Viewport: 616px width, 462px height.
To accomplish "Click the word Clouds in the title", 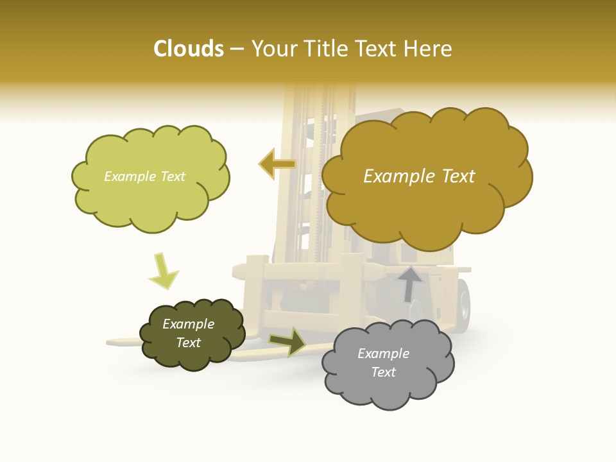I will click(x=189, y=49).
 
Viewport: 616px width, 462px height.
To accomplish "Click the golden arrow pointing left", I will click(x=277, y=164).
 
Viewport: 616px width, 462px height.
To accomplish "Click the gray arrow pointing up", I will click(x=409, y=283).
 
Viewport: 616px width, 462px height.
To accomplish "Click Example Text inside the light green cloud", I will click(x=144, y=176).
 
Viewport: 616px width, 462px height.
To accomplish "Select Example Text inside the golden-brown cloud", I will click(x=419, y=176).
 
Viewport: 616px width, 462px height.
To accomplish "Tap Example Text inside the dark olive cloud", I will click(x=189, y=333).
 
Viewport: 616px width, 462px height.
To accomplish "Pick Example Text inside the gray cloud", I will click(x=383, y=363).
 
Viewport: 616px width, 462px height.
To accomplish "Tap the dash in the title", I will click(x=237, y=49).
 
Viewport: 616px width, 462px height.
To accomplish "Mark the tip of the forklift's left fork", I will click(x=110, y=343).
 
